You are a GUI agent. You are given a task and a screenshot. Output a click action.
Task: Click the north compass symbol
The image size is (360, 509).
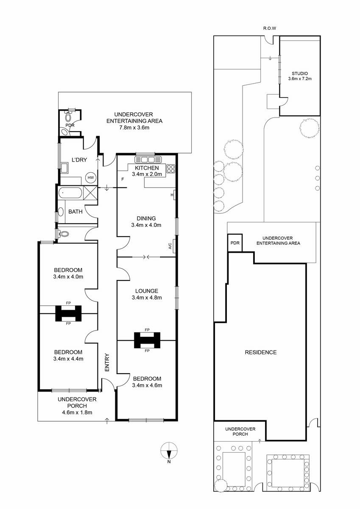169,450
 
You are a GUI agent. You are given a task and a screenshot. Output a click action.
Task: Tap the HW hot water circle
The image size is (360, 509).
90,177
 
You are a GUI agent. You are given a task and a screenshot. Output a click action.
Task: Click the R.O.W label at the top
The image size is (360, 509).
269,28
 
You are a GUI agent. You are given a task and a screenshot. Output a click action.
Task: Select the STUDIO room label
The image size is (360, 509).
300,73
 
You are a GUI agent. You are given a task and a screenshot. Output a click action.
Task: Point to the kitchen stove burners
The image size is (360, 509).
171,169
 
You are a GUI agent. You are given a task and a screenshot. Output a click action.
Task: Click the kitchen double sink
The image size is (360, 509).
148,159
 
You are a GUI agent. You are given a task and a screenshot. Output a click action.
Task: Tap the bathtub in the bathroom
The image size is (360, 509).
70,193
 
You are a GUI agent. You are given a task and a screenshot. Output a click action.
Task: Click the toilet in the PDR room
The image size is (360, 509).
68,117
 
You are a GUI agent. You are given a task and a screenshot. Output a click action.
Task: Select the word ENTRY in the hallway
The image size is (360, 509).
107,362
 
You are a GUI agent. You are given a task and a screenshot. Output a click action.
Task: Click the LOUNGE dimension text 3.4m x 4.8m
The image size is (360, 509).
147,297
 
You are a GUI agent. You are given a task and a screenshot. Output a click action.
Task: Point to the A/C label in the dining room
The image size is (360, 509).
170,246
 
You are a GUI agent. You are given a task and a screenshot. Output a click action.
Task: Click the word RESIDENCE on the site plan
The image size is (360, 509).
261,352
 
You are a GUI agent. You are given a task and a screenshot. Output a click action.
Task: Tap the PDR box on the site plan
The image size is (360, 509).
235,243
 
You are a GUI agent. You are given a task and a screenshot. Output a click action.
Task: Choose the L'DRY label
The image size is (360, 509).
79,160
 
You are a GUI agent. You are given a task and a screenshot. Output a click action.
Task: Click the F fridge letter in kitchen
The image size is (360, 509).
123,179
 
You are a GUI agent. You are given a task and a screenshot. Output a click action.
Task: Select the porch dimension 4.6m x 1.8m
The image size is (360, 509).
77,412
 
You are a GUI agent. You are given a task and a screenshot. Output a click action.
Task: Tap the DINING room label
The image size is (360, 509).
146,218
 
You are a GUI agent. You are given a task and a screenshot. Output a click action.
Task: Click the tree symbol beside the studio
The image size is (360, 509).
309,128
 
